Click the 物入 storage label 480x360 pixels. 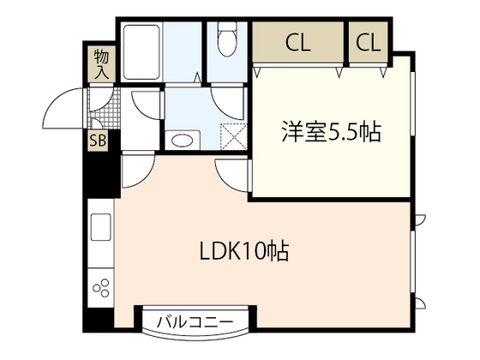coord(99,65)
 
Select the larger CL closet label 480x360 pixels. coord(298,40)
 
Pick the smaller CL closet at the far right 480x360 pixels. coord(368,40)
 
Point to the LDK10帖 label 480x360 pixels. coord(244,252)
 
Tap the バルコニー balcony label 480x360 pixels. coord(195,322)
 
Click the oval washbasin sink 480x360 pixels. coord(181,140)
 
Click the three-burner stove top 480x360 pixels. coord(99,286)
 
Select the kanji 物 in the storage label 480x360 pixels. coord(99,57)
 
